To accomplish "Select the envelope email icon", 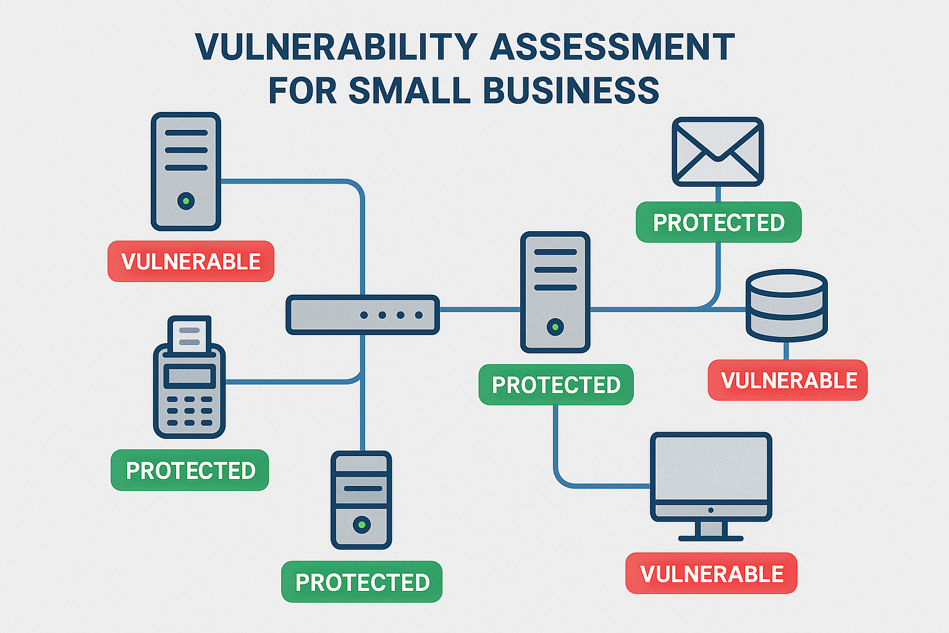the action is click(718, 151).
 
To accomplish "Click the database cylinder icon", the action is click(787, 306).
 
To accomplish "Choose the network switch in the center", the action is click(363, 315).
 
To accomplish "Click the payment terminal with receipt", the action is click(189, 377).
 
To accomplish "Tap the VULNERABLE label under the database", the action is click(788, 380).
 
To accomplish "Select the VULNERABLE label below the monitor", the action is click(711, 573).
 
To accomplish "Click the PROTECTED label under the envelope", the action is click(719, 222).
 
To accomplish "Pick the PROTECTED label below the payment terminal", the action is click(190, 470).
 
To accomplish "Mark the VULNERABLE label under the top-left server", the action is click(191, 261).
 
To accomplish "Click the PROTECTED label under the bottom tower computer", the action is click(362, 582).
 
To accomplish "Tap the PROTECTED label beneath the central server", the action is click(556, 384).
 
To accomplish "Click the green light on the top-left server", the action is click(186, 200).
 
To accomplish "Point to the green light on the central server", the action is click(555, 327).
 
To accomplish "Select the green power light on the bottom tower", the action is click(361, 525).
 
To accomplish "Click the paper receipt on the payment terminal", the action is click(190, 335).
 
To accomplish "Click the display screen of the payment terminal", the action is click(190, 376).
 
